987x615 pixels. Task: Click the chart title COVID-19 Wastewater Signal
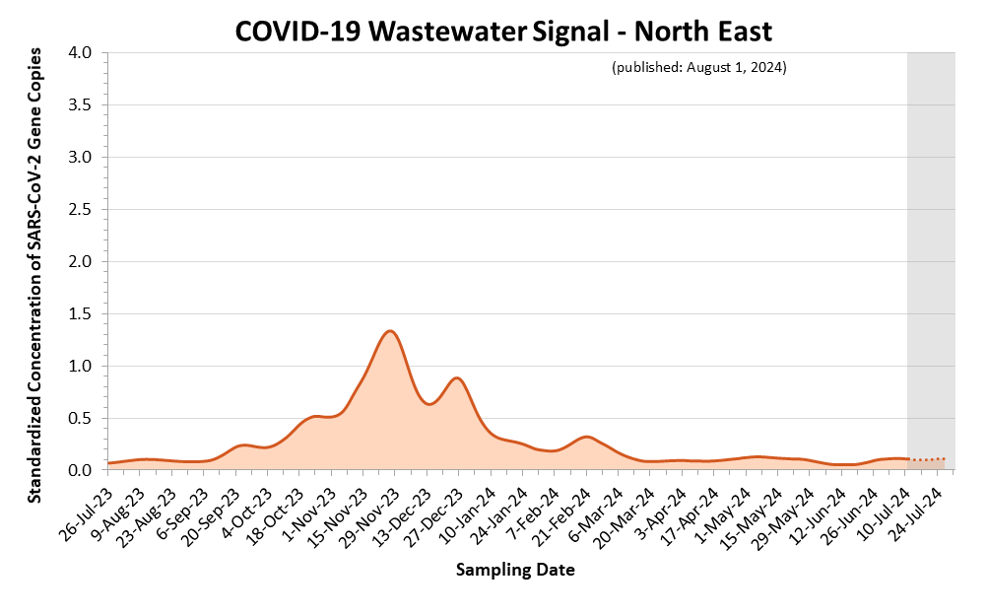click(503, 31)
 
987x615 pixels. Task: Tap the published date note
click(698, 68)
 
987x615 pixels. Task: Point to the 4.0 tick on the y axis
click(87, 52)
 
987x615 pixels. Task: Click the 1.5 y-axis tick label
click(87, 313)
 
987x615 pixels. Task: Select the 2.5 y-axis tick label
click(87, 209)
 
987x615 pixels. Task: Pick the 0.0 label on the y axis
click(87, 470)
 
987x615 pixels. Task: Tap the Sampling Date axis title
click(515, 570)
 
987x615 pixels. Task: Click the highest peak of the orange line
click(391, 331)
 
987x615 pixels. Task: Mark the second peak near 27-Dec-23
click(456, 377)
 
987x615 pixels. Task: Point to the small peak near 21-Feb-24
click(586, 437)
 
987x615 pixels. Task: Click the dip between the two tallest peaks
click(429, 404)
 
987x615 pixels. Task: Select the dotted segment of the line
click(927, 459)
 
